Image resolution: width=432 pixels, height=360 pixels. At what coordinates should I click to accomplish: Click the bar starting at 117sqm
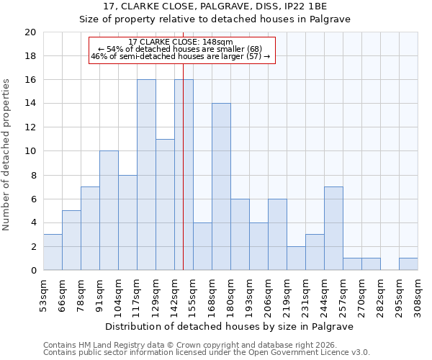click(146, 175)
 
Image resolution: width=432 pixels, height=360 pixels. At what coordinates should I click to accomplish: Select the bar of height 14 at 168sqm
click(221, 186)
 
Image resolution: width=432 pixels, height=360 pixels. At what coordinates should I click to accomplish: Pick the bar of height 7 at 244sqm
click(333, 228)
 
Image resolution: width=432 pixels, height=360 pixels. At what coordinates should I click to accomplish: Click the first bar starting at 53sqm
click(53, 252)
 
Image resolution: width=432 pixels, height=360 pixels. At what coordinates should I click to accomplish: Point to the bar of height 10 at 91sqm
click(109, 210)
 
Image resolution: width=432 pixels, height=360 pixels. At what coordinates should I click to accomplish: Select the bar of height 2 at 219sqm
click(296, 258)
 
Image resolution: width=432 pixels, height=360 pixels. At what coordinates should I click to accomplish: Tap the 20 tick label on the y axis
click(30, 32)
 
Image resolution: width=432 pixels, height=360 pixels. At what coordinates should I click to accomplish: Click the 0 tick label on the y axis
click(32, 271)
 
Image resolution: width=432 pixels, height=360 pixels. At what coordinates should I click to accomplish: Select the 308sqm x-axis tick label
click(418, 297)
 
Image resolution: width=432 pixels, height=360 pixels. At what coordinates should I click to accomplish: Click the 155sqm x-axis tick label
click(194, 297)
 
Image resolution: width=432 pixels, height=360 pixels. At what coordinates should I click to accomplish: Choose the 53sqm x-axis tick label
click(44, 297)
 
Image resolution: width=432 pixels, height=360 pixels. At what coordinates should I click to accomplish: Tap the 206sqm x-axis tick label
click(269, 297)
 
